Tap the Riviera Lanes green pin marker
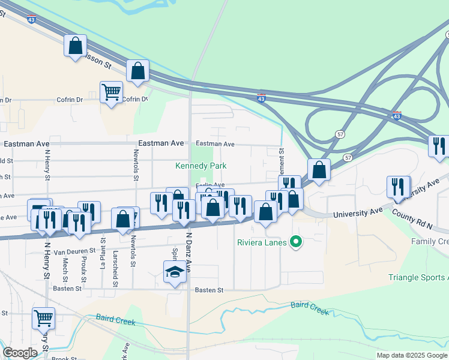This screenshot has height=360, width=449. pyautogui.click(x=295, y=243)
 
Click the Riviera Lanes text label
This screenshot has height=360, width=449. pyautogui.click(x=261, y=243)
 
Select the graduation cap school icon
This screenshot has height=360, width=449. pyautogui.click(x=175, y=272)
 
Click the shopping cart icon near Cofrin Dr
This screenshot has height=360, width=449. pyautogui.click(x=111, y=92)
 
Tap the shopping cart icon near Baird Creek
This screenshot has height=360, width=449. pyautogui.click(x=43, y=318)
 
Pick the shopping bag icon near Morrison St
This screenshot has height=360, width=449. pyautogui.click(x=76, y=46)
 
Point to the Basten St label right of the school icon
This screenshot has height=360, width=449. pyautogui.click(x=209, y=290)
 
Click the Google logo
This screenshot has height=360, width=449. pyautogui.click(x=20, y=353)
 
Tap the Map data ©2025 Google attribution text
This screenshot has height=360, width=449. pyautogui.click(x=411, y=355)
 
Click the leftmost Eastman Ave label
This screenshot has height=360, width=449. pyautogui.click(x=25, y=144)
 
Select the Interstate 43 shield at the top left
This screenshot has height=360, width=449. pyautogui.click(x=31, y=19)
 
